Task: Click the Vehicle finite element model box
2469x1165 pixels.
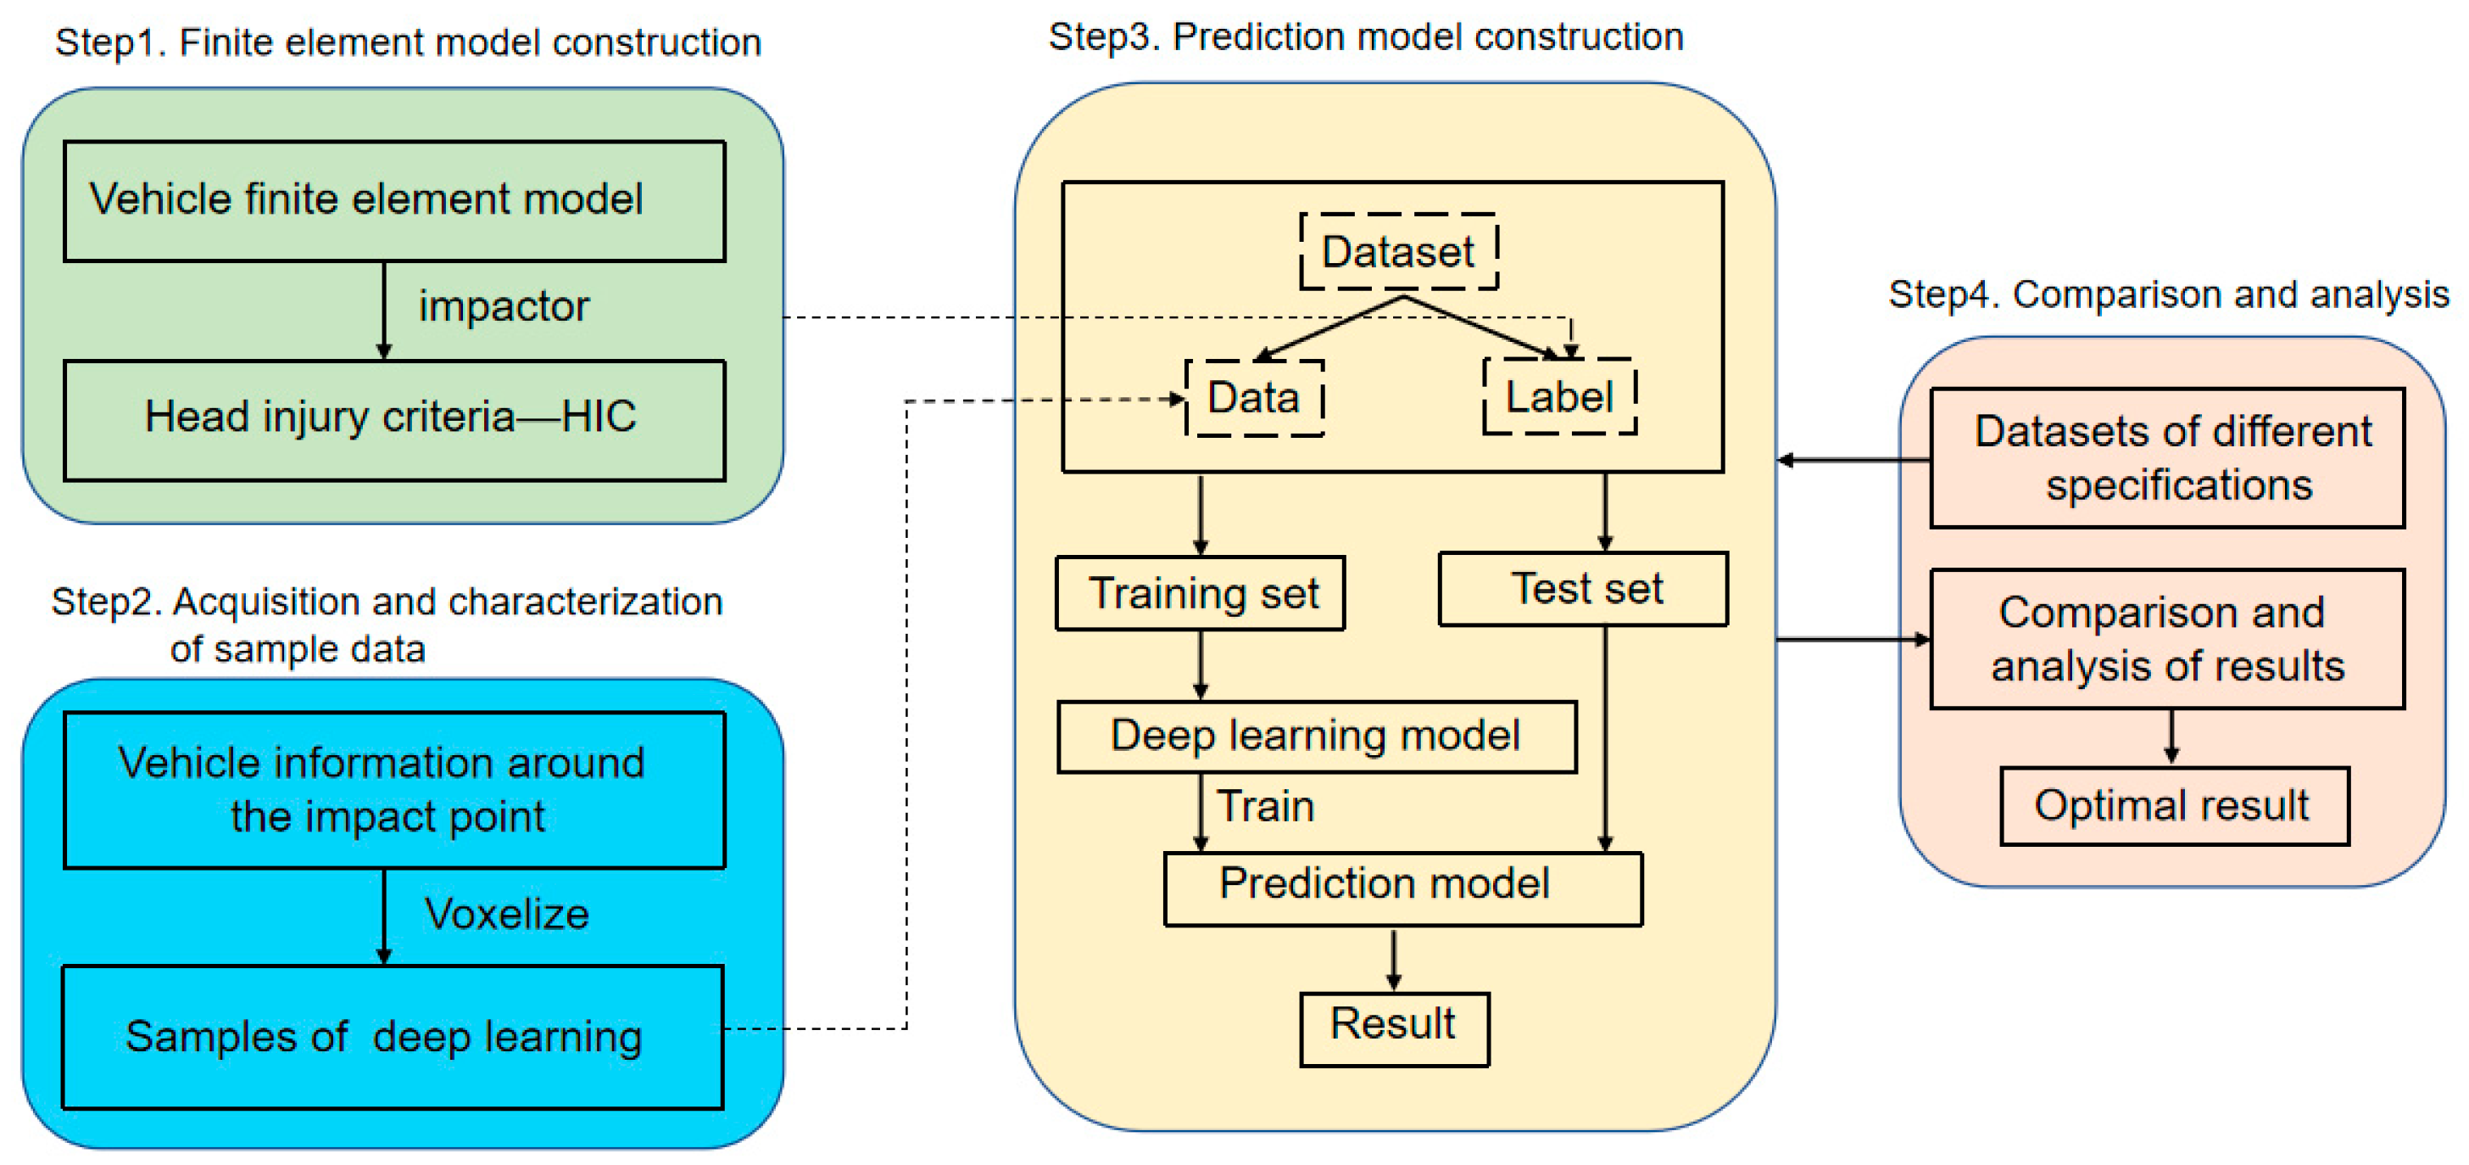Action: (394, 200)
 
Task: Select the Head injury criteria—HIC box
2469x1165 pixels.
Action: (394, 419)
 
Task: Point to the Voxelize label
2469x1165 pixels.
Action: (506, 914)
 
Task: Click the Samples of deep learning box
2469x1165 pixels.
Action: (392, 1037)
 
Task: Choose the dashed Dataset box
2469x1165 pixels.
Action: (1398, 252)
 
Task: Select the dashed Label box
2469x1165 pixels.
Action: (1558, 397)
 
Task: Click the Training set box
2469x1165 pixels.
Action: (1200, 593)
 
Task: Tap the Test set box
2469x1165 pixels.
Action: (1583, 589)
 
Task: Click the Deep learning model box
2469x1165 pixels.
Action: (1316, 737)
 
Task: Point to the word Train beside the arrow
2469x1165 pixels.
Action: (1265, 806)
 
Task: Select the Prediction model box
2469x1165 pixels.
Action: (1402, 888)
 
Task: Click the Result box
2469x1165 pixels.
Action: (1394, 1028)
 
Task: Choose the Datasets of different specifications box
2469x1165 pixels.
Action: (2167, 458)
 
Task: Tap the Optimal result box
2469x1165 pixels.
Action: (2174, 806)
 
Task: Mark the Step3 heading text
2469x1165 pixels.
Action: (1365, 37)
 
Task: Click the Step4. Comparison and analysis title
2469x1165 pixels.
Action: (2168, 295)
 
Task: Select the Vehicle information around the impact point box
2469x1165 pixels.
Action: (394, 790)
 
